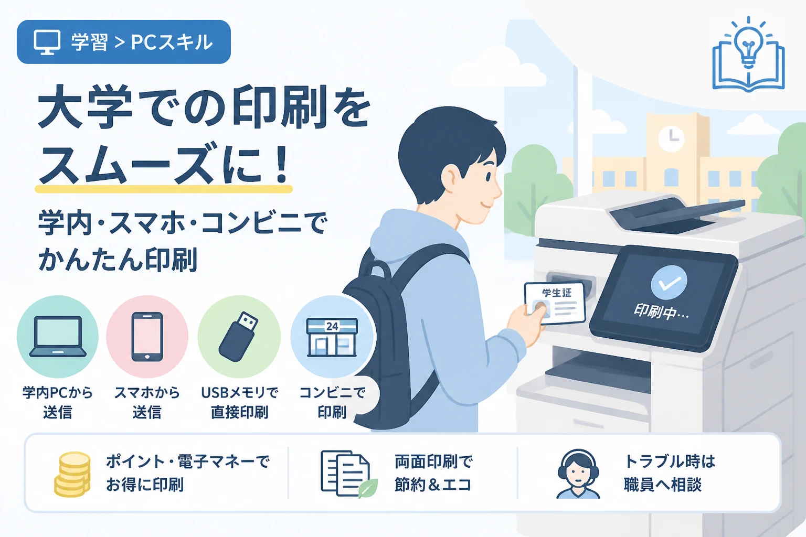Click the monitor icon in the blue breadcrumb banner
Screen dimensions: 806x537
(47, 42)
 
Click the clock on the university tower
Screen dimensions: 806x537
(671, 138)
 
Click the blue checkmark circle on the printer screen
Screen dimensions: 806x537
(669, 283)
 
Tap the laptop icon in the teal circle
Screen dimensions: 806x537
(58, 337)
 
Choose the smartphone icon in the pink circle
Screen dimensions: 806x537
(147, 337)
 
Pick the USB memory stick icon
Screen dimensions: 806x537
(238, 336)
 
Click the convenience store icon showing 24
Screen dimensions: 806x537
(332, 337)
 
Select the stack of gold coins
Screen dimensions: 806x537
(72, 474)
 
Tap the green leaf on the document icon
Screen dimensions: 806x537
(368, 488)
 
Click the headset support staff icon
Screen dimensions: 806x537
(578, 474)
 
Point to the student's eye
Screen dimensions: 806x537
(489, 176)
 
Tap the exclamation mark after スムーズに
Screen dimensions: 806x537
(279, 162)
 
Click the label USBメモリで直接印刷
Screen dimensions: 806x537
(239, 402)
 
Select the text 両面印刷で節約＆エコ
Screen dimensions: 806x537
(433, 473)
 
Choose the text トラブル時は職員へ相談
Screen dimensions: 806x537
(669, 473)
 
